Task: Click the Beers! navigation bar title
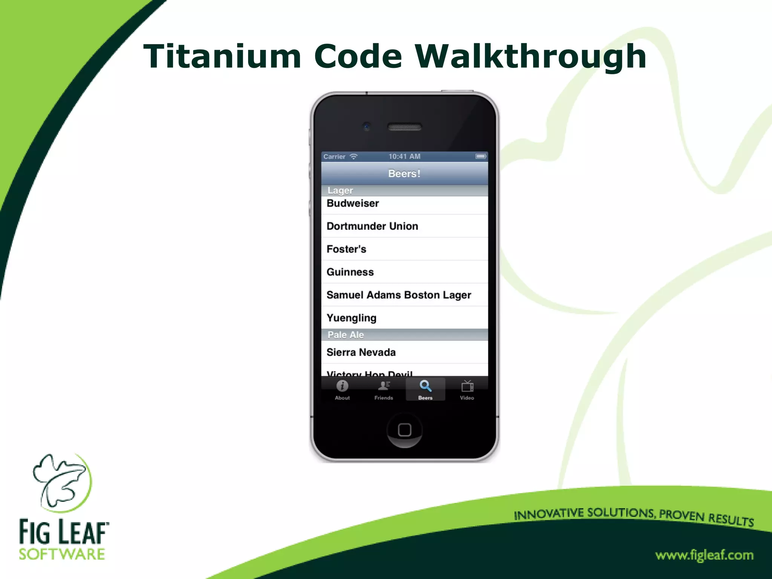(x=404, y=174)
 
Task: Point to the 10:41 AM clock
(x=404, y=156)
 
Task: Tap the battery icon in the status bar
(x=481, y=156)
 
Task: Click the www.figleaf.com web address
(x=704, y=555)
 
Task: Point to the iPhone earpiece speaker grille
(x=404, y=127)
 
